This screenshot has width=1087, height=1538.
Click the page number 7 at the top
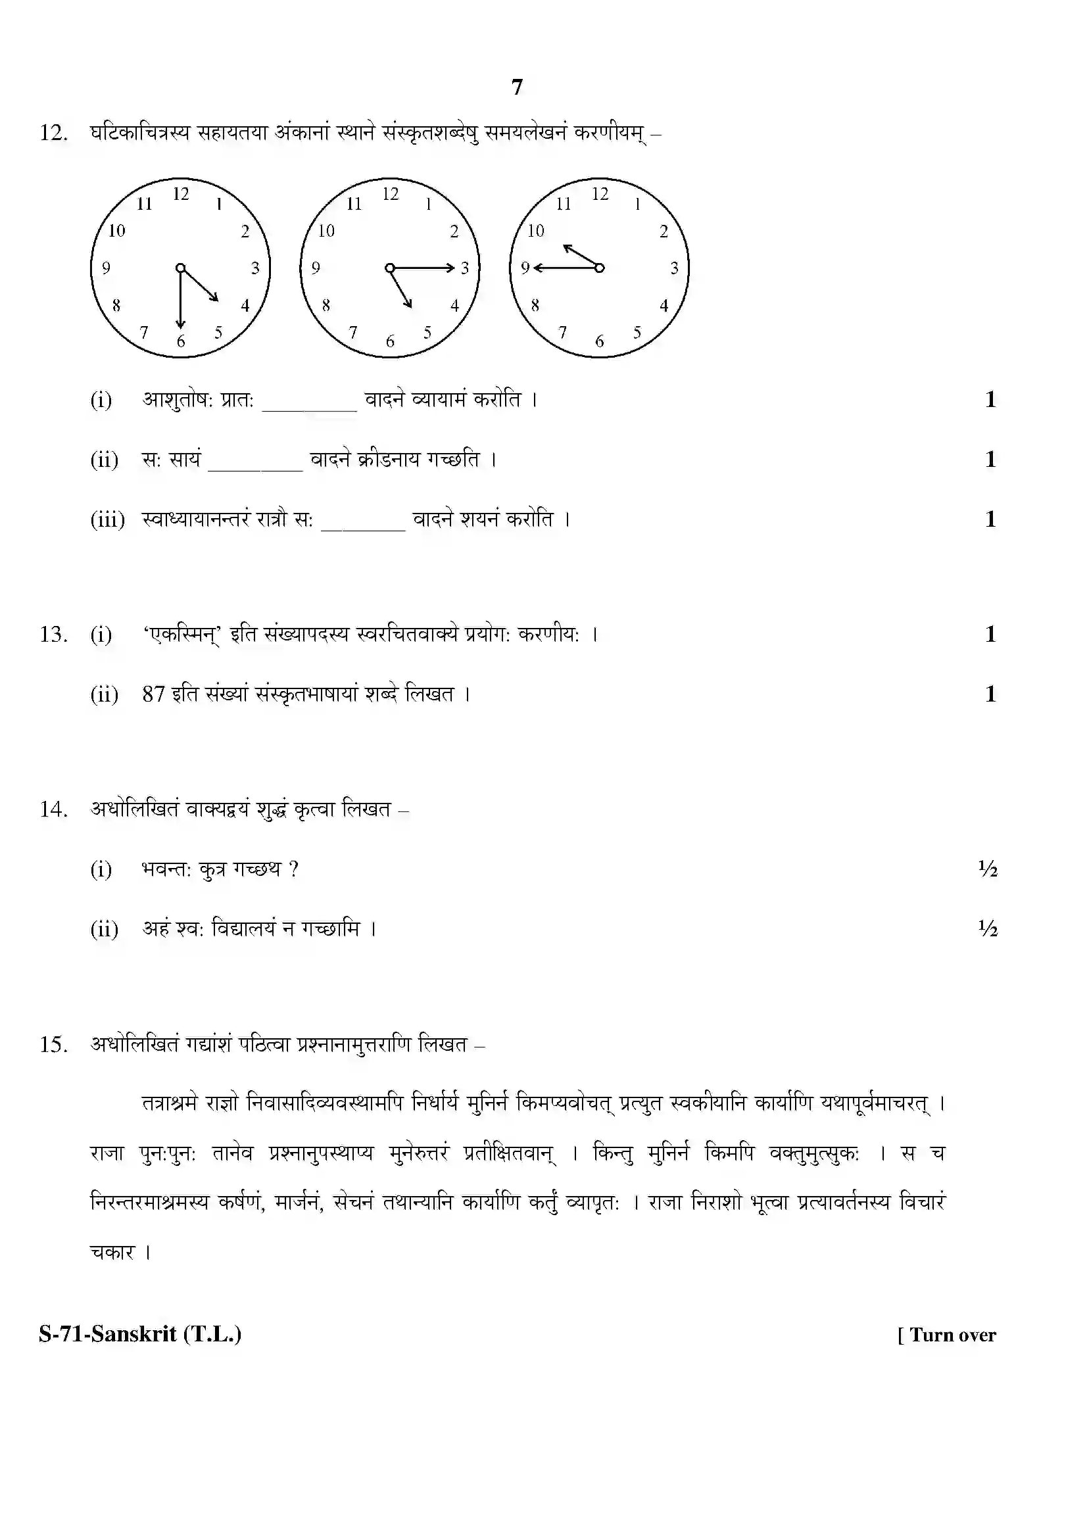point(516,87)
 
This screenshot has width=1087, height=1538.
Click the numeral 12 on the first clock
point(181,194)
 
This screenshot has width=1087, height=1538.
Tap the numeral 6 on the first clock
point(181,342)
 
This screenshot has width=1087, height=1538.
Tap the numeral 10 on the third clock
point(535,231)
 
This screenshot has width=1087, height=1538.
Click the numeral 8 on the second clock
point(326,306)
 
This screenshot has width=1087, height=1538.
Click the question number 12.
point(53,133)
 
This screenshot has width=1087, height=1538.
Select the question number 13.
point(53,635)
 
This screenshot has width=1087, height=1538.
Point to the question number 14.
point(53,810)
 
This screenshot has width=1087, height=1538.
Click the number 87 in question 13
point(153,694)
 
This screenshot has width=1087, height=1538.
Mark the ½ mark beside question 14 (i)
point(988,869)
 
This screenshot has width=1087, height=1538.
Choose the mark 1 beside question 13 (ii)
point(990,694)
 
